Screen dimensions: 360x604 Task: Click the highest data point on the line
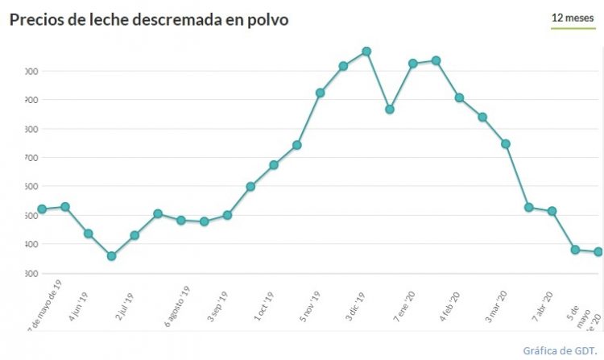366,52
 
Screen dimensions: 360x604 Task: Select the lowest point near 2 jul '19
111,256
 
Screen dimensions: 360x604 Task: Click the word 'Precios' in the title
36,19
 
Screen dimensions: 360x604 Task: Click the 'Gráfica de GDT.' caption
559,351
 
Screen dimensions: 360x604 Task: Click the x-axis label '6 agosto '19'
177,306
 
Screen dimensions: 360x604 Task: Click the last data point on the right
598,252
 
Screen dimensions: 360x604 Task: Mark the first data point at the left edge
42,209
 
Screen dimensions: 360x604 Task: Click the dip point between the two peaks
390,110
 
